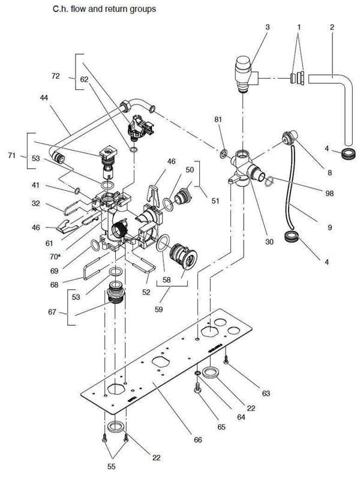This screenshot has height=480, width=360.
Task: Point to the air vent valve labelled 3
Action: click(242, 72)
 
